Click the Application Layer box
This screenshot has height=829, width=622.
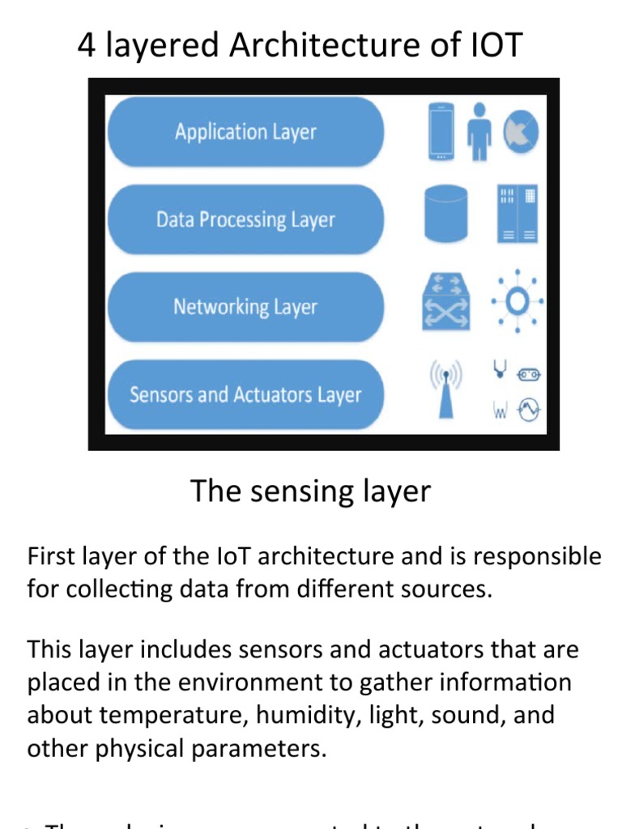245,132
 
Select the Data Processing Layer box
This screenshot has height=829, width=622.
245,219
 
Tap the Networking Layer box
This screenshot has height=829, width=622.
245,307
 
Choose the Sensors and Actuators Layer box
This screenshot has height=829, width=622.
245,395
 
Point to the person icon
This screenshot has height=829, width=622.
479,131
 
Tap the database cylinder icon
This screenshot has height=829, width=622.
445,214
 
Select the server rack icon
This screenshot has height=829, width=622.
517,215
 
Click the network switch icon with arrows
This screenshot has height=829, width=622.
445,301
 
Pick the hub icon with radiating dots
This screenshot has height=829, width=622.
517,302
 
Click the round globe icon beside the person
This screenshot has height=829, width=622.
520,132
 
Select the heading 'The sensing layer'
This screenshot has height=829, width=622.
310,491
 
